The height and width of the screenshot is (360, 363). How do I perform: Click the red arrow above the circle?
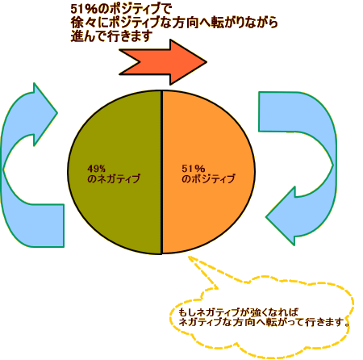pos(164,62)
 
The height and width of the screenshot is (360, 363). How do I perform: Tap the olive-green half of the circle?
pos(115,172)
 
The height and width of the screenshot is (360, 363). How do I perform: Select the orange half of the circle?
pos(208,172)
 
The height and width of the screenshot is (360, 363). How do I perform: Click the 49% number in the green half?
pos(96,169)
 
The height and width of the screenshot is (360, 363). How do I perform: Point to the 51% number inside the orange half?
pos(194,169)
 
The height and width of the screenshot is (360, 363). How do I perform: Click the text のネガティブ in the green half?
pos(114,178)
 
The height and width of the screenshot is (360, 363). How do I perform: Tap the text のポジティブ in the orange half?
pos(208,178)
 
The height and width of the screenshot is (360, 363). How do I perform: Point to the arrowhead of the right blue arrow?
pos(281,216)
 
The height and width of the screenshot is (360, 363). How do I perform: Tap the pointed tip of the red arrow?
pos(207,62)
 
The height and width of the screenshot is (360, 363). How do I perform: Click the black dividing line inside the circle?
pos(161,172)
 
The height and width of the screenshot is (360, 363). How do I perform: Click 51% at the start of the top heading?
pos(83,10)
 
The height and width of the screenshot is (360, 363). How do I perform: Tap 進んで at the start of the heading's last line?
pos(88,36)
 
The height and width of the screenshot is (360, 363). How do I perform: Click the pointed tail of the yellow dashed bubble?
pos(189,257)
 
